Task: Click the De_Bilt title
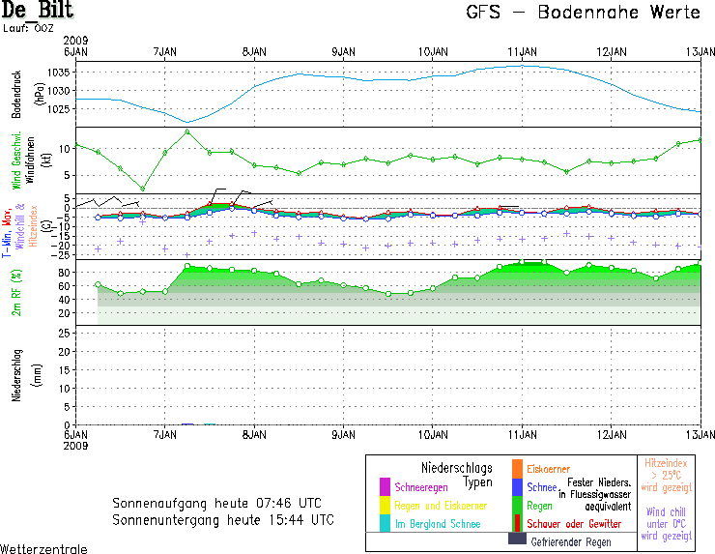(38, 12)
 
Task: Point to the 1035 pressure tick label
(60, 73)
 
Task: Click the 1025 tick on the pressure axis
(60, 108)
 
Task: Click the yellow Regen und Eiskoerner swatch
(385, 505)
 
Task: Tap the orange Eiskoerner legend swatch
(517, 469)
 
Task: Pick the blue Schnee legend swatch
(517, 487)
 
